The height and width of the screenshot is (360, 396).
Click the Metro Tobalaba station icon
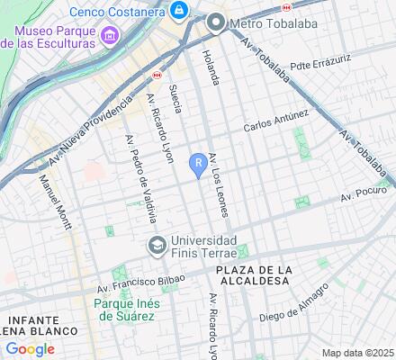click(x=215, y=22)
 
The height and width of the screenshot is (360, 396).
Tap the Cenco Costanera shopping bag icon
click(x=179, y=10)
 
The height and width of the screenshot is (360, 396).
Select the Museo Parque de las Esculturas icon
click(x=111, y=36)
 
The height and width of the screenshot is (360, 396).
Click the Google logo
click(x=30, y=349)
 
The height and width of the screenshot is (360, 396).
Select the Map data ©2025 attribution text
click(x=358, y=353)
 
